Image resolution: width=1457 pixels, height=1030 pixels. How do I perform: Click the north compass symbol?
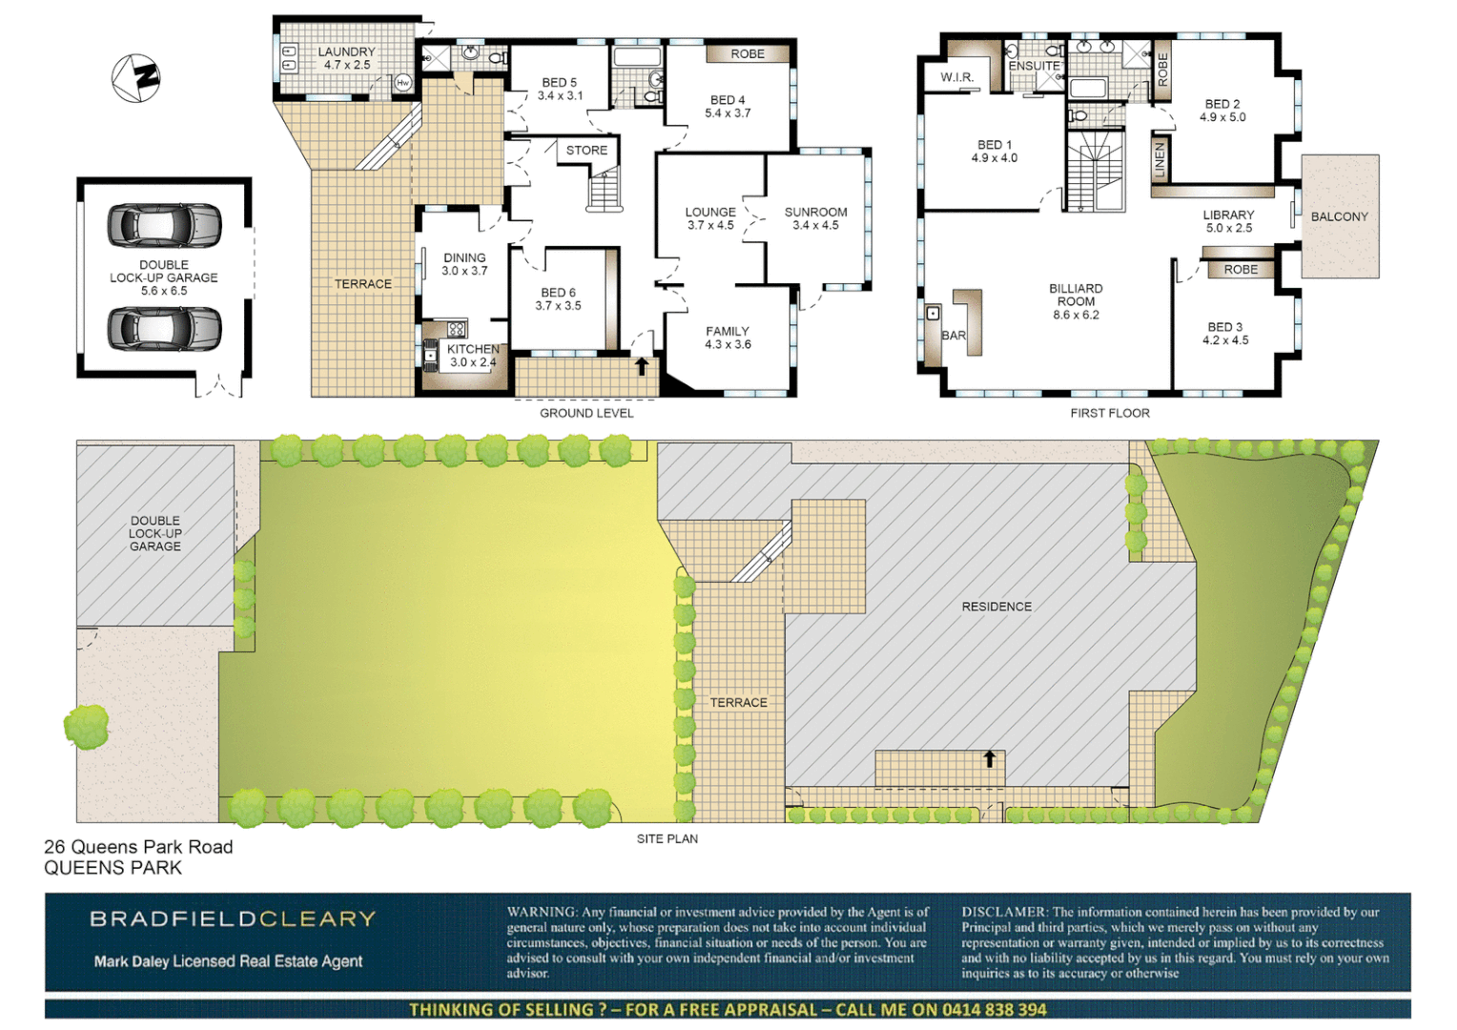136,78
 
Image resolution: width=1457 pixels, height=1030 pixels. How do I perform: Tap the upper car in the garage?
164,225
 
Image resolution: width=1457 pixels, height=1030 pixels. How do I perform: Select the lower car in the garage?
164,328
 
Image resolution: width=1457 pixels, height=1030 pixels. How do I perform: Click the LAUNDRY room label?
346,52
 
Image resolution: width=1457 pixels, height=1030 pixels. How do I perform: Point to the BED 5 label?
560,83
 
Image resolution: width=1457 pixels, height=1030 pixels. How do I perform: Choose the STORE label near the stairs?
586,151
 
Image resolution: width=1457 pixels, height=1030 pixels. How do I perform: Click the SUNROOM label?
815,212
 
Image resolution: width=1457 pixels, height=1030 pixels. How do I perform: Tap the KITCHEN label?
473,349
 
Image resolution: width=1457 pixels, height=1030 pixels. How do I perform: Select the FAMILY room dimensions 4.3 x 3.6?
728,344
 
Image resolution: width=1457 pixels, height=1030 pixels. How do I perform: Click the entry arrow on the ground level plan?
642,365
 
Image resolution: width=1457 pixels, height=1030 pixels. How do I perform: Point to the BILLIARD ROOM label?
1076,295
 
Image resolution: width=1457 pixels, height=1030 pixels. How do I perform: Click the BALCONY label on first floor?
1339,216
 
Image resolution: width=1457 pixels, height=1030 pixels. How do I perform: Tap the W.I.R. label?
956,77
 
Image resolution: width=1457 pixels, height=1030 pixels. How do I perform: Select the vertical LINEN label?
1159,158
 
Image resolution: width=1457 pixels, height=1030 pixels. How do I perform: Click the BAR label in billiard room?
954,336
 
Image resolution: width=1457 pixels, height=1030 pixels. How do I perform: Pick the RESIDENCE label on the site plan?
996,607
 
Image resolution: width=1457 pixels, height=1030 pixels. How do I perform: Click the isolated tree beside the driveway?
87,727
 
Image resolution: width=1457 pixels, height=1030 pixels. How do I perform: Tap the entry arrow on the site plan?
990,759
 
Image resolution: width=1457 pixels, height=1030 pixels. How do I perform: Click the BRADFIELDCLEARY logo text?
233,919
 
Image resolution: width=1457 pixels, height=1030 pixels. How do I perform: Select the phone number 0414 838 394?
995,1009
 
